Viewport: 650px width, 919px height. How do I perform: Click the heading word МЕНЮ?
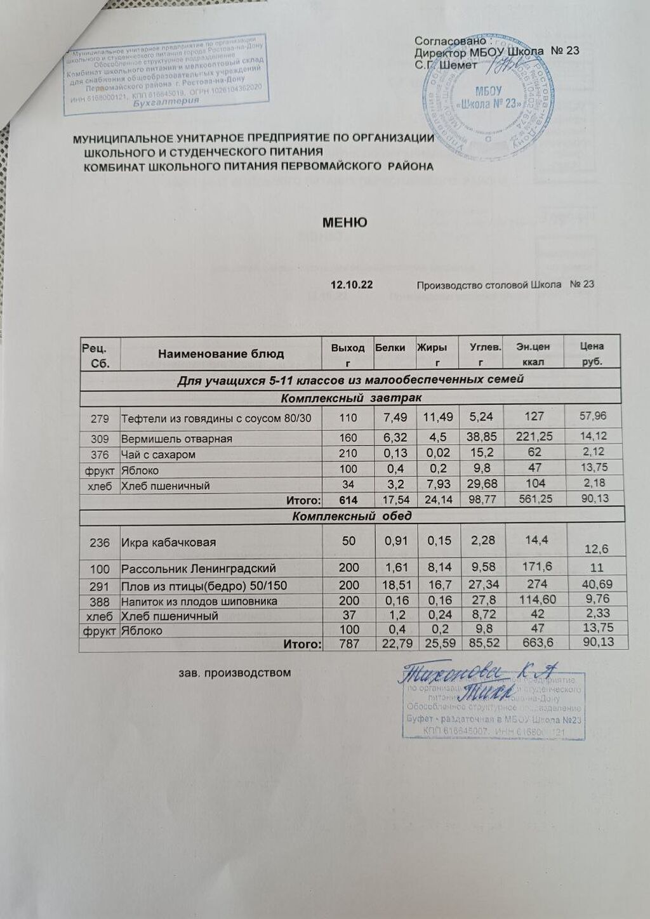[344, 223]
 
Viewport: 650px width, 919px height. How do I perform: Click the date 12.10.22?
[351, 284]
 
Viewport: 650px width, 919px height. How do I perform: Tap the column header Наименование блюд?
[221, 354]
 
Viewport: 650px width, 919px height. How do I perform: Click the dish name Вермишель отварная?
[176, 439]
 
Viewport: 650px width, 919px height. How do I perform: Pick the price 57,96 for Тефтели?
[594, 416]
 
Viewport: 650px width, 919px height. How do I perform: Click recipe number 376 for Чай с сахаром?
[100, 454]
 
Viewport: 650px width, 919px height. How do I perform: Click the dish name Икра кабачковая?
[168, 543]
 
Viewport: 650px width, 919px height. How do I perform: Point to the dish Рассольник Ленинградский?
[198, 569]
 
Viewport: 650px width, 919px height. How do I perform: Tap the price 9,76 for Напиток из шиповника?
[594, 600]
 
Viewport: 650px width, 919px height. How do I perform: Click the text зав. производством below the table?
[234, 672]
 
